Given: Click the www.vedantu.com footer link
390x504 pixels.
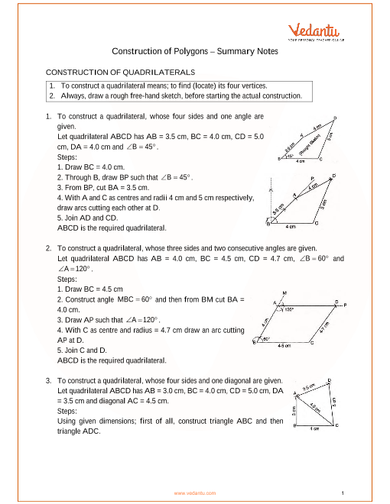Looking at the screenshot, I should click(x=195, y=493).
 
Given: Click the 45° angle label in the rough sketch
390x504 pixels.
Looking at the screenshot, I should click(x=291, y=155).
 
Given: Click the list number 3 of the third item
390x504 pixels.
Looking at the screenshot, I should click(x=49, y=380).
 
